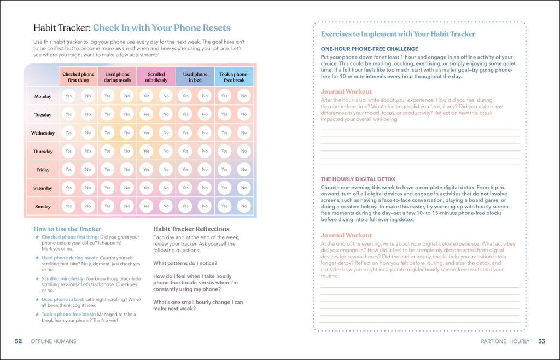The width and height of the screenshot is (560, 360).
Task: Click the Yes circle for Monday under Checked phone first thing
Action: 68,96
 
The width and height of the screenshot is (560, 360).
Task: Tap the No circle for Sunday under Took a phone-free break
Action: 244,206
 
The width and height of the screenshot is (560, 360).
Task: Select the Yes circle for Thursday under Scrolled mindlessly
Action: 146,151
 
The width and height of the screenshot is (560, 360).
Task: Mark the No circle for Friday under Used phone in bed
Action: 205,170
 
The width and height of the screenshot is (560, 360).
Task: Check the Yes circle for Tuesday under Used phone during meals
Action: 107,114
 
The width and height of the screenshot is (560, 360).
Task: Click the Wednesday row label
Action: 43,133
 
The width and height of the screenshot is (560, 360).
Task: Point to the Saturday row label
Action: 43,188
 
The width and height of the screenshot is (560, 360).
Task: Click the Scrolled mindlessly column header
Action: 156,77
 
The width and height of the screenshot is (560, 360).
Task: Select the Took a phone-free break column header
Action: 234,77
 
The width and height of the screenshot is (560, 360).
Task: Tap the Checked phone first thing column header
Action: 78,77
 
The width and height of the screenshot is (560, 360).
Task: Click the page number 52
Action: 18,341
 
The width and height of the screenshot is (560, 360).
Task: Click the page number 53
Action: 541,341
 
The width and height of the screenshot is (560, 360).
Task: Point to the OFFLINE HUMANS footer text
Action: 53,341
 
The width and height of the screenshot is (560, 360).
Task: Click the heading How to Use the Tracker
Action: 67,229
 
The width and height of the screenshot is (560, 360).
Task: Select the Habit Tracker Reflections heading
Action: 191,229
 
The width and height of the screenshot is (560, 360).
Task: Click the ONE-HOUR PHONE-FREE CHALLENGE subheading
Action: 369,49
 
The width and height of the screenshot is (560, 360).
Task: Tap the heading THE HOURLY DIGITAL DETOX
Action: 358,179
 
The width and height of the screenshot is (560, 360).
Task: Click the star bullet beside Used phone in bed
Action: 37,299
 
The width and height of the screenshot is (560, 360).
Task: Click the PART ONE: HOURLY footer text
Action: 505,341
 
